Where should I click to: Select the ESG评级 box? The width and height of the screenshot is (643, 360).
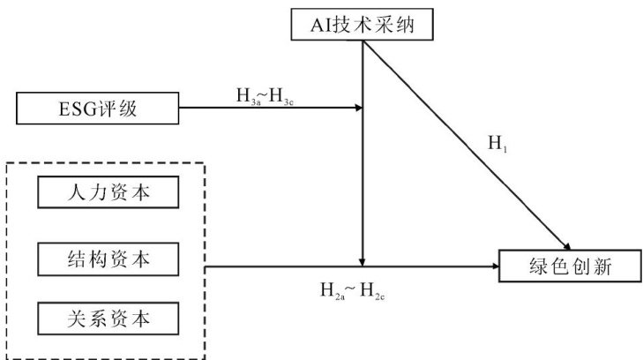click(x=96, y=109)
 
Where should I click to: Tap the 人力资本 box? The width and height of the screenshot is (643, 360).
click(x=108, y=191)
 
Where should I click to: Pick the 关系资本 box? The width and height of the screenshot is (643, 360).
click(x=108, y=315)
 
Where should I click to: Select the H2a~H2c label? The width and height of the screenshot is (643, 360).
click(x=352, y=288)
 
